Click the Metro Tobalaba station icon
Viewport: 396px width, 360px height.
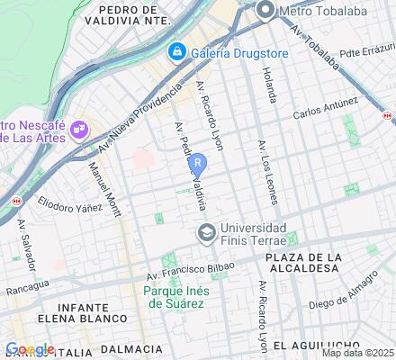(265, 11)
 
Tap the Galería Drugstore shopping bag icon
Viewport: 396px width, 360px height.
(177, 52)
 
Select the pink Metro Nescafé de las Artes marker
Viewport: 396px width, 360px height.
(80, 129)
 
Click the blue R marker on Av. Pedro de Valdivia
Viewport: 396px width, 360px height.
(199, 166)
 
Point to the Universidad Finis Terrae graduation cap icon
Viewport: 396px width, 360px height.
(206, 234)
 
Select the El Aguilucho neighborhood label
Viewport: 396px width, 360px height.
(309, 345)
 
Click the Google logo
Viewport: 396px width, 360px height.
(30, 349)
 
